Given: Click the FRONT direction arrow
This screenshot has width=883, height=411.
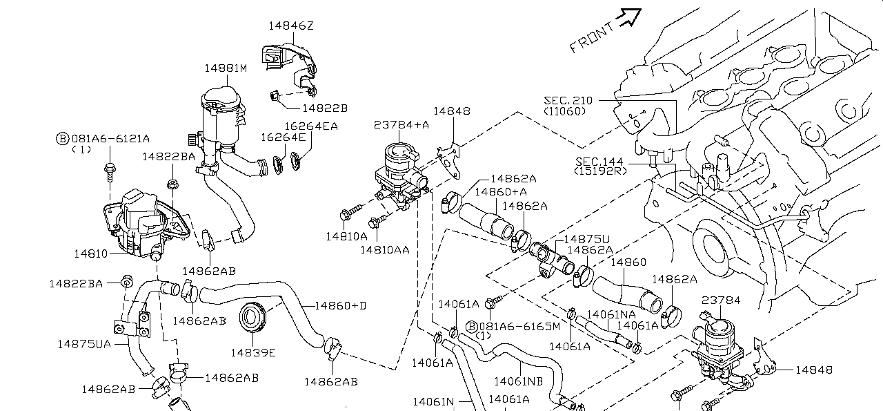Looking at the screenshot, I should point(629,19).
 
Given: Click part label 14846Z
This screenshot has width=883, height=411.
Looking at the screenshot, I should point(291,26).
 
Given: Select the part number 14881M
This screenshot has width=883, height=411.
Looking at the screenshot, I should point(225,68).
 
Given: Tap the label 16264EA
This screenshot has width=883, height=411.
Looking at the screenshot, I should point(311,126).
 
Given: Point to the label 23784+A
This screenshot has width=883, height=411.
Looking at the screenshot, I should point(401,125).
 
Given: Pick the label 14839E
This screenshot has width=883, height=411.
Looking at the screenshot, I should point(252,353).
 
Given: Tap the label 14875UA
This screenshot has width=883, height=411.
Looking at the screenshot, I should point(84,343).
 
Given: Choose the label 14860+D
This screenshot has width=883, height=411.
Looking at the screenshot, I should point(340,305).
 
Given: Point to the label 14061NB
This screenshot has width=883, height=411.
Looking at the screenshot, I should point(517,381).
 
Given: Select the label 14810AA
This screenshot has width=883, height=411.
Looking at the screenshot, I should point(385,249).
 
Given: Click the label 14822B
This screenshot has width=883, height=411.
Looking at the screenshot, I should point(324,108).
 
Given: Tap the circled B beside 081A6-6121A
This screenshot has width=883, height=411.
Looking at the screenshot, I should point(61,138).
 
